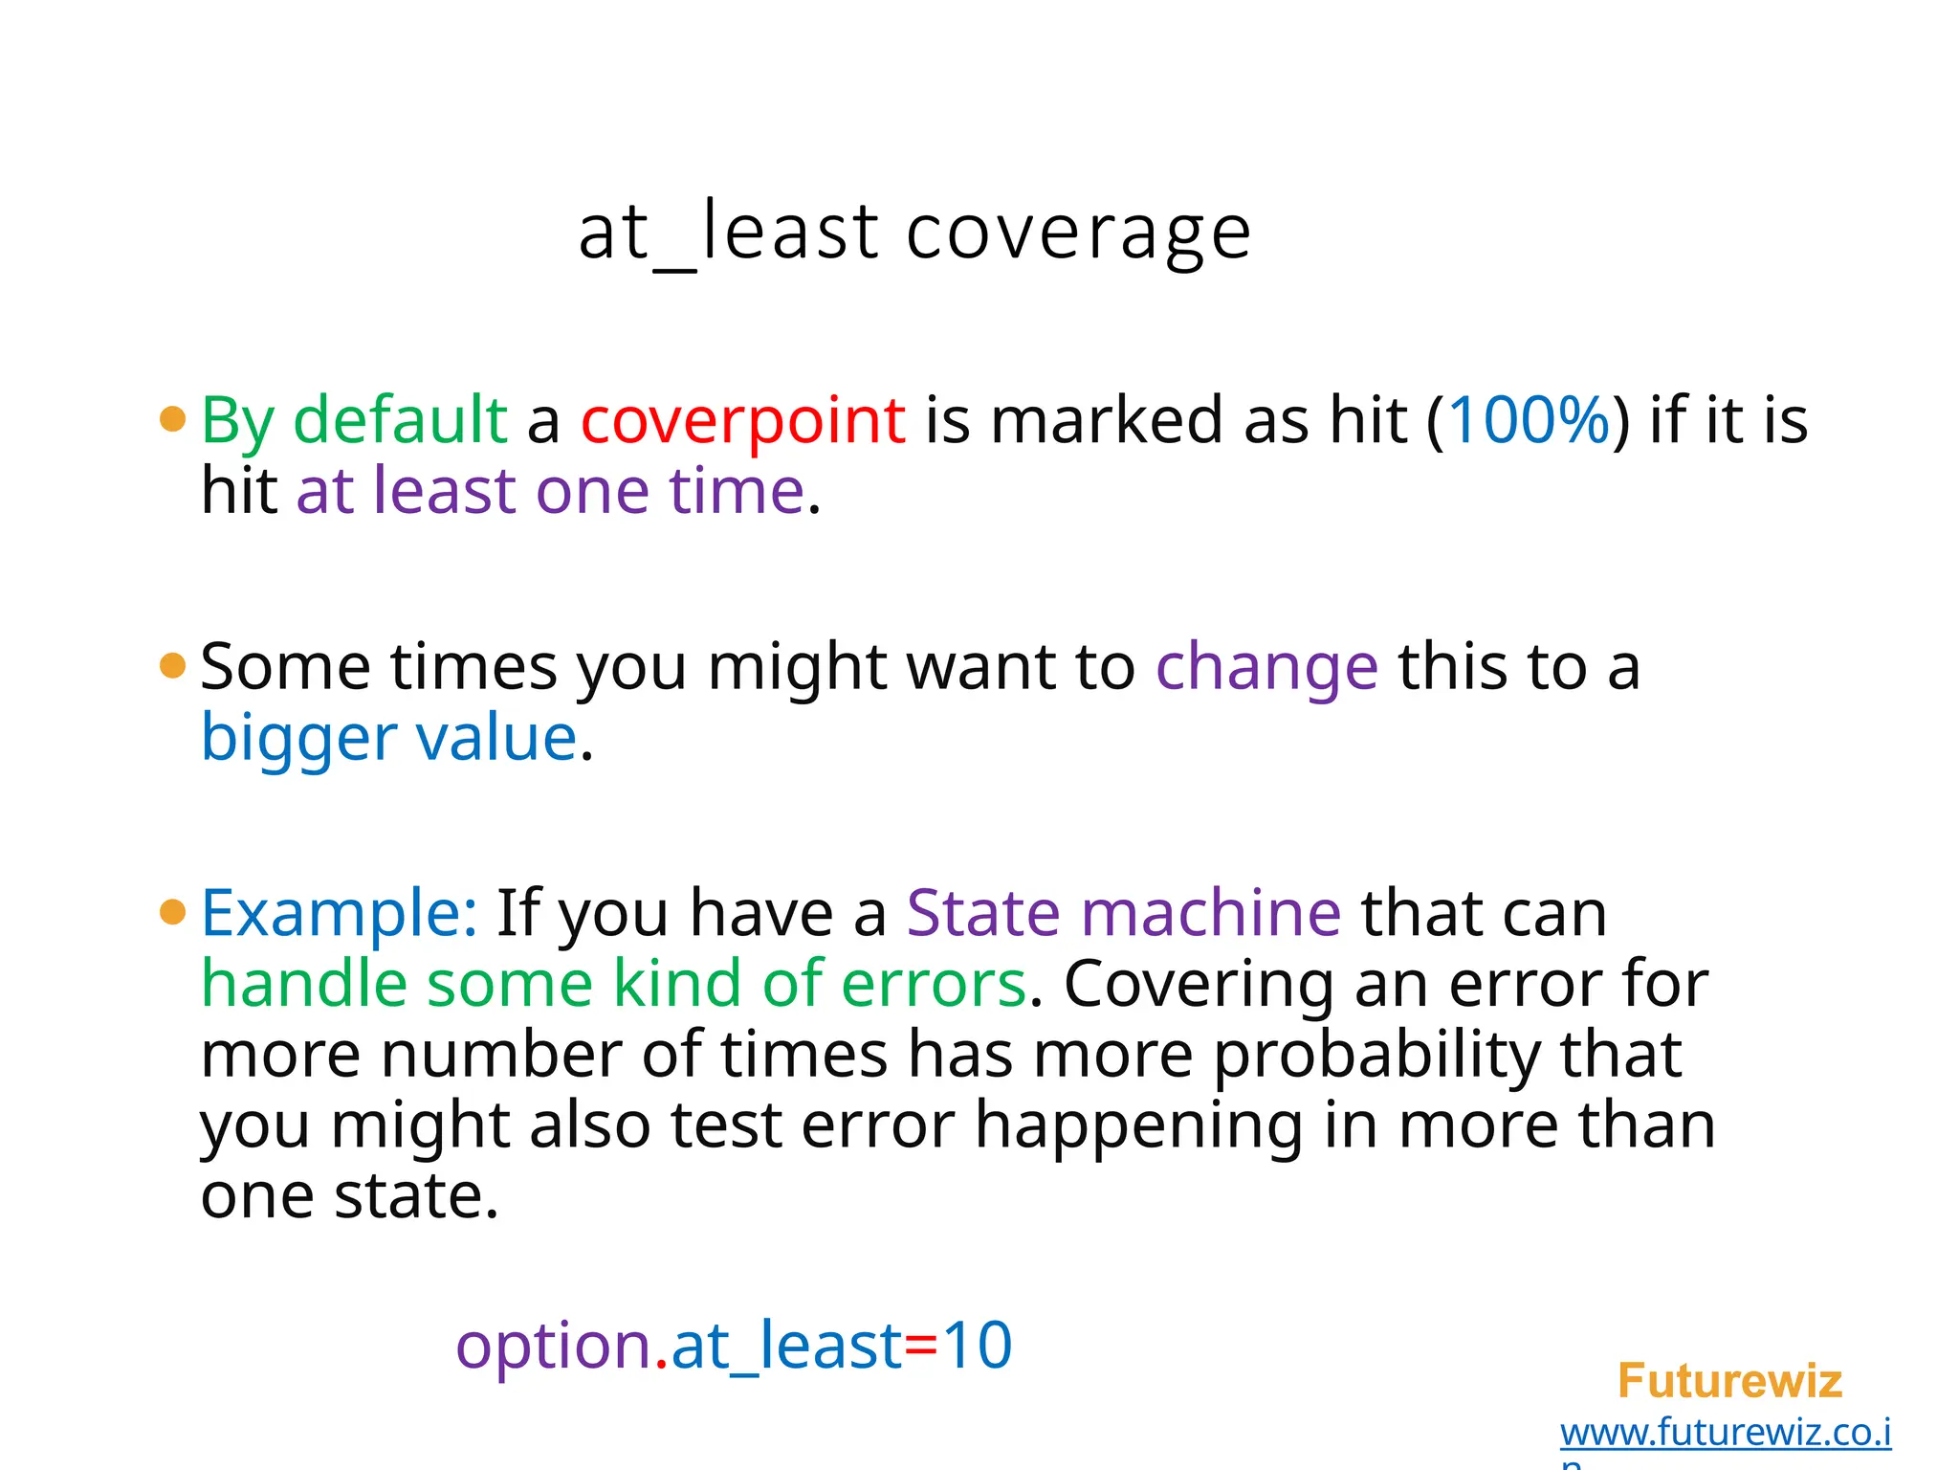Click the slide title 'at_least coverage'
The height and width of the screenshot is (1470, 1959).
pos(914,233)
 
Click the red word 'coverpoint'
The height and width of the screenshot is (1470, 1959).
pos(742,421)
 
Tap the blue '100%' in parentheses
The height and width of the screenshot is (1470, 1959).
pos(1529,421)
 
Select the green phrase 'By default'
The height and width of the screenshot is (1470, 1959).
pos(354,421)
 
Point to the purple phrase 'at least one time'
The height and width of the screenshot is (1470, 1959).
pos(551,491)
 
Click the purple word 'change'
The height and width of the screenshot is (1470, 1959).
pos(1266,668)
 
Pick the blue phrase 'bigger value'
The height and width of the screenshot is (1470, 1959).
pos(388,738)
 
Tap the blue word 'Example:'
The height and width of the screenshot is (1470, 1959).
pos(340,914)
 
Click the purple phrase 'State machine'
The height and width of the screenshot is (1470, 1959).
pos(1123,914)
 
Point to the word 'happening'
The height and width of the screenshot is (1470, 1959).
pos(1138,1125)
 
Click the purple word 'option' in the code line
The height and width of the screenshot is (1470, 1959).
pos(554,1347)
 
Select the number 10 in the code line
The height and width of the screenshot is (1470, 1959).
pos(977,1347)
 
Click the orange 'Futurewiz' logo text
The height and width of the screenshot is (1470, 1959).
pos(1729,1381)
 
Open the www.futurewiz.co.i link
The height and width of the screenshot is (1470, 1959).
pos(1725,1433)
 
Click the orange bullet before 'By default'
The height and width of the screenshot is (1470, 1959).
pos(172,419)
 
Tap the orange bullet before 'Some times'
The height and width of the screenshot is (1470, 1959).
pos(172,666)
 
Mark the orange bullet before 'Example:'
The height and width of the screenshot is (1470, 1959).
pos(172,912)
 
